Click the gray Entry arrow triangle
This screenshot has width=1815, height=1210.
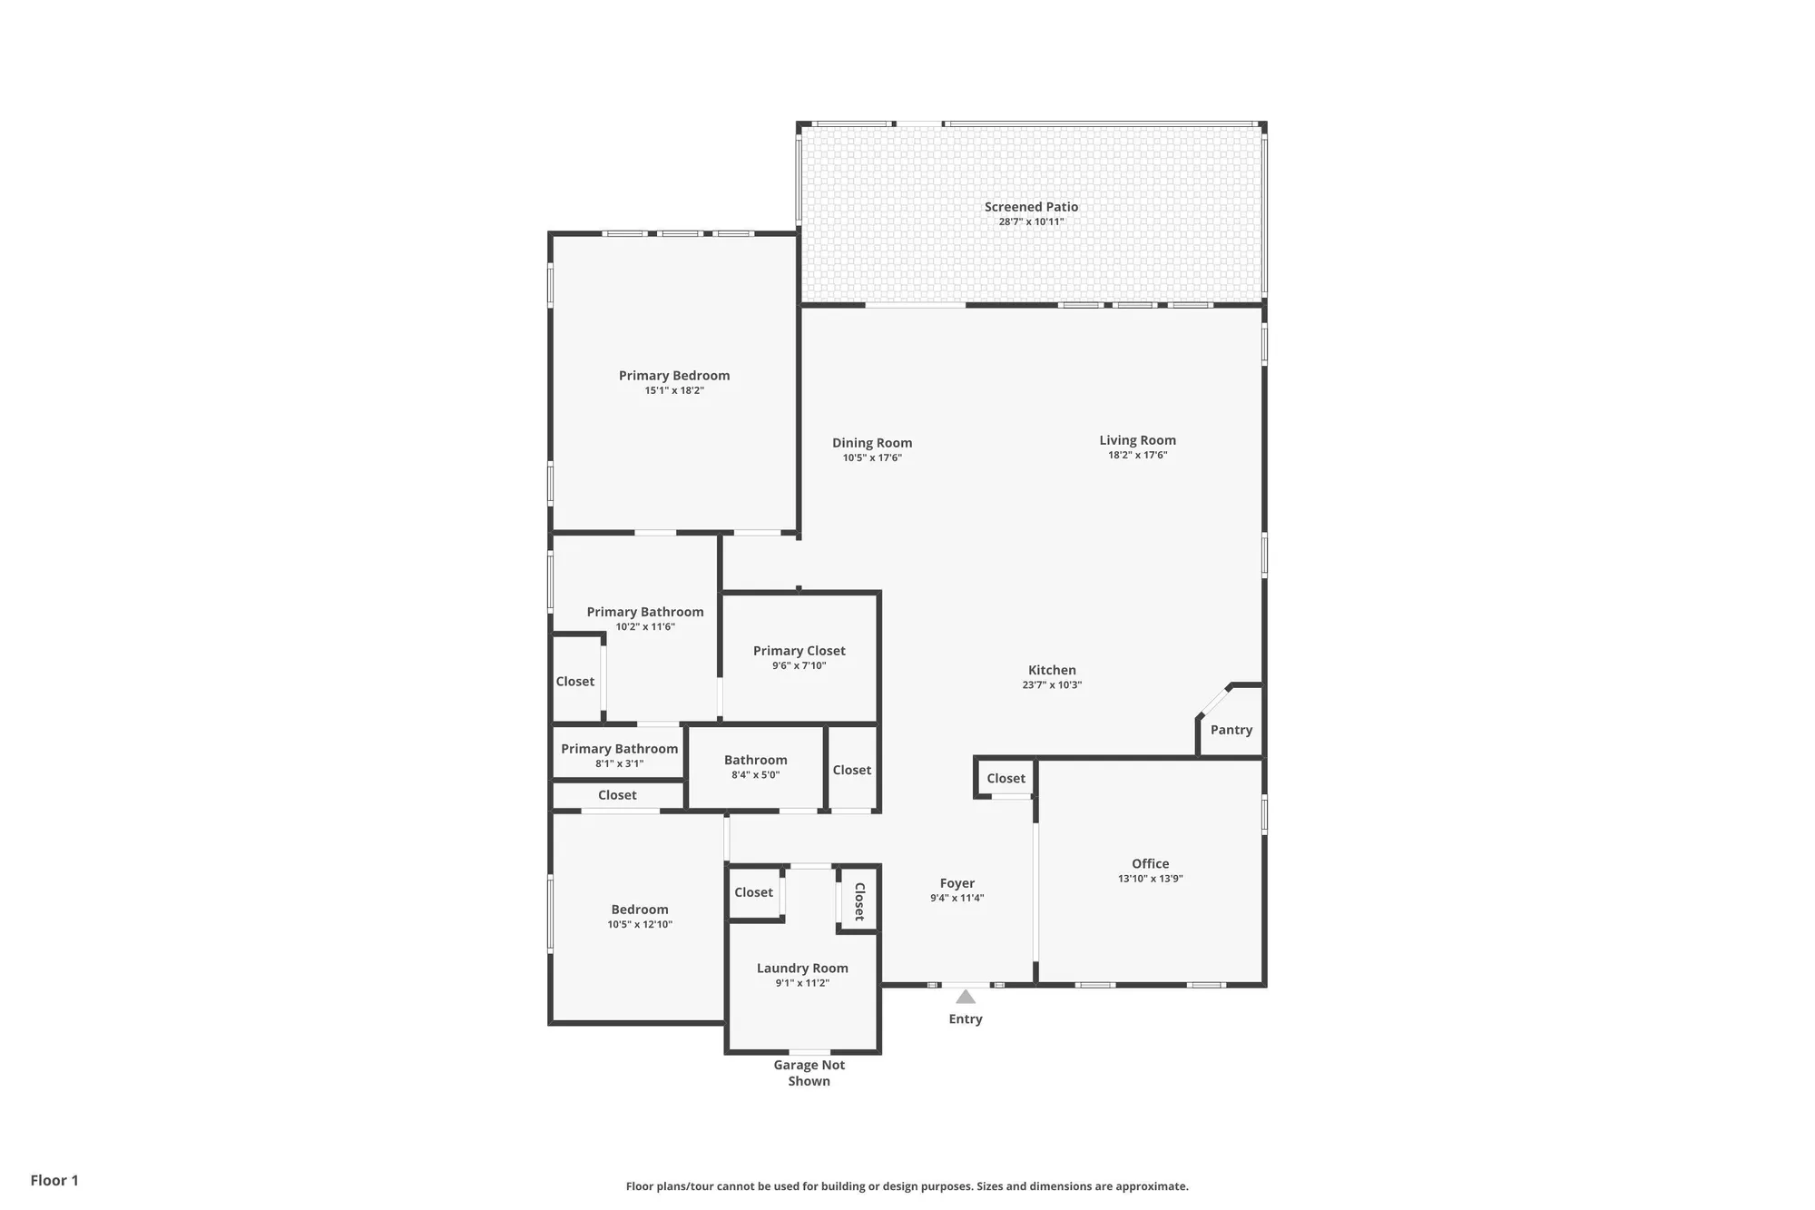pyautogui.click(x=966, y=997)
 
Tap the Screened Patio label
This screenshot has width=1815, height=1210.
pyautogui.click(x=1031, y=207)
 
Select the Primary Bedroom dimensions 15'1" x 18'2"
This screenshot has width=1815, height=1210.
pyautogui.click(x=674, y=391)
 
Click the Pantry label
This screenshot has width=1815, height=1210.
pyautogui.click(x=1231, y=730)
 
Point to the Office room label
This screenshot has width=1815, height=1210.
pyautogui.click(x=1150, y=863)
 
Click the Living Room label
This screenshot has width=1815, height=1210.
pyautogui.click(x=1137, y=440)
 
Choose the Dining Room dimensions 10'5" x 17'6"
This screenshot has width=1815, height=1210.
pyautogui.click(x=871, y=458)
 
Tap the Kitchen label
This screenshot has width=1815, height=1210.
pyautogui.click(x=1052, y=670)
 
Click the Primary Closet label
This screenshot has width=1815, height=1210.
pyautogui.click(x=799, y=651)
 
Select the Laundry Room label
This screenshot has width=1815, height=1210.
pyautogui.click(x=802, y=969)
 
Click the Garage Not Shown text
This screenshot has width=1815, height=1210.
pyautogui.click(x=809, y=1073)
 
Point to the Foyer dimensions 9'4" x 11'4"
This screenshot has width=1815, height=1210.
pyautogui.click(x=957, y=899)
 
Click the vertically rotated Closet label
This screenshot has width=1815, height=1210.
pyautogui.click(x=859, y=901)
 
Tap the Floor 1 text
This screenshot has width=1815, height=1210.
pyautogui.click(x=54, y=1180)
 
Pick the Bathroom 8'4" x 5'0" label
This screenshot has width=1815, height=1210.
pyautogui.click(x=755, y=761)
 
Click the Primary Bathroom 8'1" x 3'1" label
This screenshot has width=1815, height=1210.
pyautogui.click(x=619, y=749)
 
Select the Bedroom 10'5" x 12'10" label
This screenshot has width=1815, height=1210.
pyautogui.click(x=640, y=910)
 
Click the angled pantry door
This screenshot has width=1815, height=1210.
pyautogui.click(x=1213, y=702)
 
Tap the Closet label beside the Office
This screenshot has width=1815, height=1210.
pyautogui.click(x=1006, y=779)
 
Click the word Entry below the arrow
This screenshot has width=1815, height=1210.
pyautogui.click(x=966, y=1019)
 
